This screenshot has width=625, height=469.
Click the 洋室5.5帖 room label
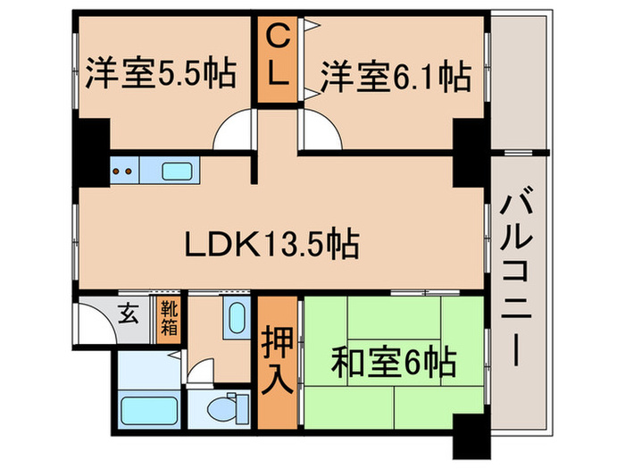coord(161,74)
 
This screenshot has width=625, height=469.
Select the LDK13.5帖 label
coord(271,243)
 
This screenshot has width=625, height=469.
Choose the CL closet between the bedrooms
coord(279,55)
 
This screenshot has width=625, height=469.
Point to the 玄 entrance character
coord(130,314)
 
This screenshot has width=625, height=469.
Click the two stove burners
coord(125,169)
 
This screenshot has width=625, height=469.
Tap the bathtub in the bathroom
coord(146,410)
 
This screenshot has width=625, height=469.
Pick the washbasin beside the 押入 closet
coord(237,317)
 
